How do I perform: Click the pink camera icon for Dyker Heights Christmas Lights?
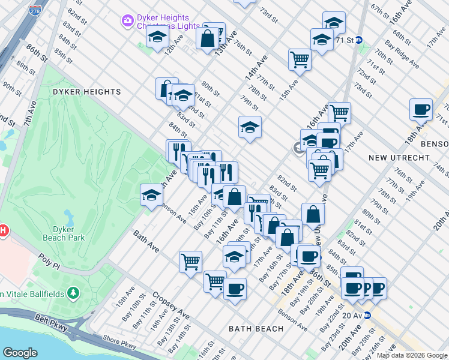[x=127, y=22]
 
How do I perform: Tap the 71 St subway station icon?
[x=359, y=40]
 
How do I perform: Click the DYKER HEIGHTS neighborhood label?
[x=86, y=92]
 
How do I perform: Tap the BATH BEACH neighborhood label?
[x=256, y=329]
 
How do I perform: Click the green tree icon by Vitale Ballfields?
[x=73, y=293]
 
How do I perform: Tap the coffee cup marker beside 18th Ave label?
[x=421, y=109]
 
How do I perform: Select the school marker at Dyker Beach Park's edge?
[x=152, y=195]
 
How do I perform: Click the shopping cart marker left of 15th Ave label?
[x=299, y=59]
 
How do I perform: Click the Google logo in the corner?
[x=20, y=353]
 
